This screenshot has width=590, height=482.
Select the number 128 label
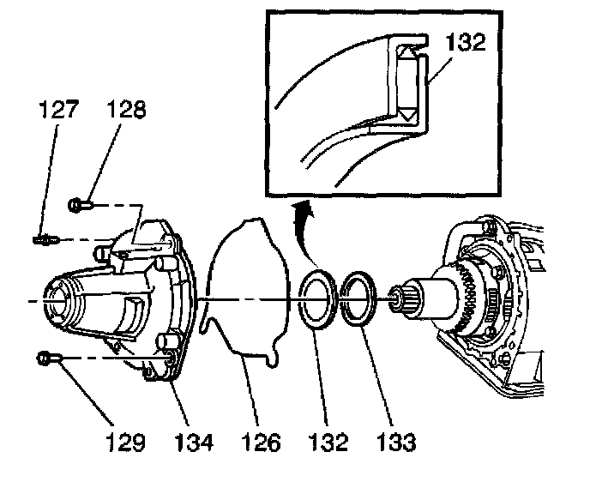tap(128, 111)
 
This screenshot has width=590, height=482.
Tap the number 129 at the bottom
tap(125, 443)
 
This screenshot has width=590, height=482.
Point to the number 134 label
tap(194, 443)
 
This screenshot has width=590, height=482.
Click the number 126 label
tap(261, 443)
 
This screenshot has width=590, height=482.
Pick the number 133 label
tap(394, 443)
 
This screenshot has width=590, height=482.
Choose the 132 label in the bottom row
tap(328, 443)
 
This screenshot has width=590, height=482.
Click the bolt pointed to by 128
tap(78, 205)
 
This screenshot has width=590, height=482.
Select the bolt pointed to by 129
tap(45, 358)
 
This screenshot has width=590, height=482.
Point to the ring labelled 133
tap(356, 300)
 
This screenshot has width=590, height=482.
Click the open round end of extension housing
tap(56, 304)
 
